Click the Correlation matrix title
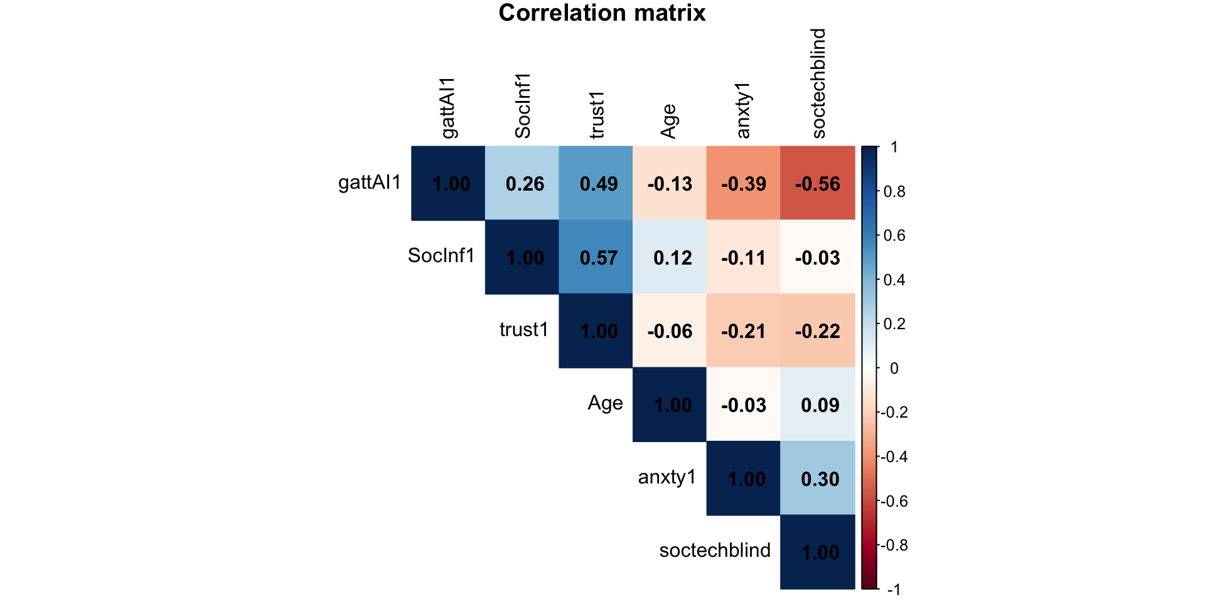click(x=602, y=13)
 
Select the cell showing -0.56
click(x=817, y=183)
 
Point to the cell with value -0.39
click(x=744, y=183)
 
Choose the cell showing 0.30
click(x=817, y=478)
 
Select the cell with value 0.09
click(x=817, y=404)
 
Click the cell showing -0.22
click(x=817, y=330)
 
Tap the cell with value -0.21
click(x=744, y=330)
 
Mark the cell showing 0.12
click(x=670, y=257)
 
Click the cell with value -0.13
click(x=670, y=183)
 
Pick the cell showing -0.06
click(x=670, y=330)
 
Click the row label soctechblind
click(x=715, y=551)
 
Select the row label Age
click(x=605, y=403)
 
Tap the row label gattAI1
click(x=370, y=182)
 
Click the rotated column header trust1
click(x=597, y=115)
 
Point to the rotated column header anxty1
click(x=744, y=110)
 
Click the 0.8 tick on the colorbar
click(x=894, y=192)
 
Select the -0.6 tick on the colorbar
click(x=894, y=501)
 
